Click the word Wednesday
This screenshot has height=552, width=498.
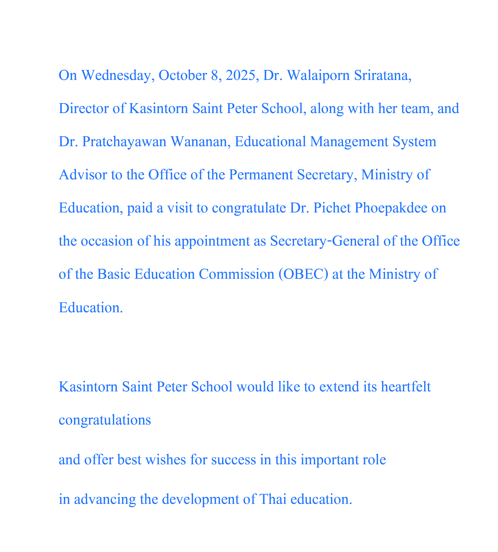(x=116, y=75)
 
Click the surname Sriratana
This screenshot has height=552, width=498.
(x=383, y=75)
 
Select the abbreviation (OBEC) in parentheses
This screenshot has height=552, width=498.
(x=303, y=274)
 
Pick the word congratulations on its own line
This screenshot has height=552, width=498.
(x=105, y=420)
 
